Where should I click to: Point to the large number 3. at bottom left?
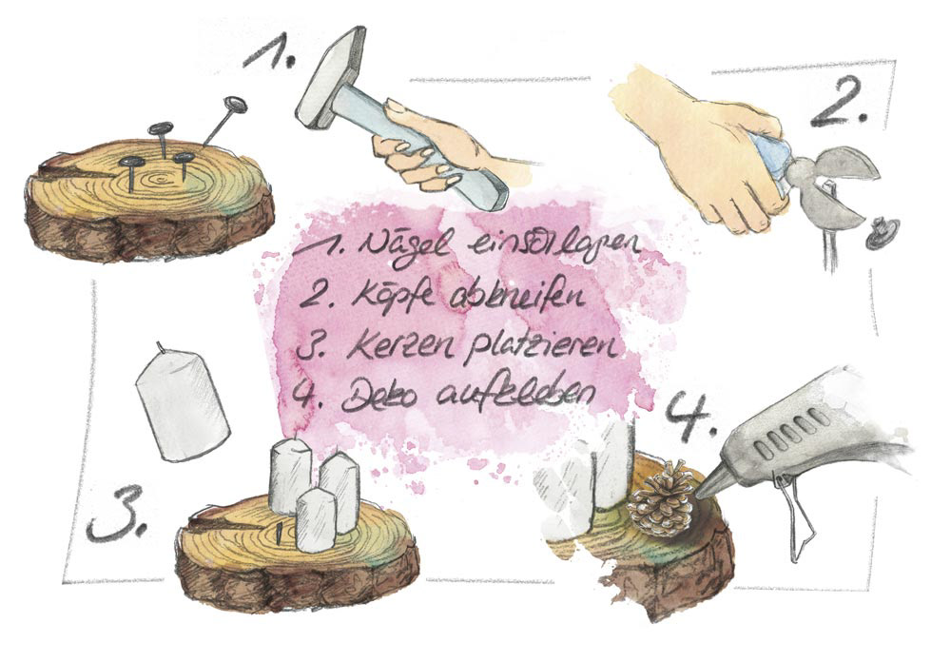114,518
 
